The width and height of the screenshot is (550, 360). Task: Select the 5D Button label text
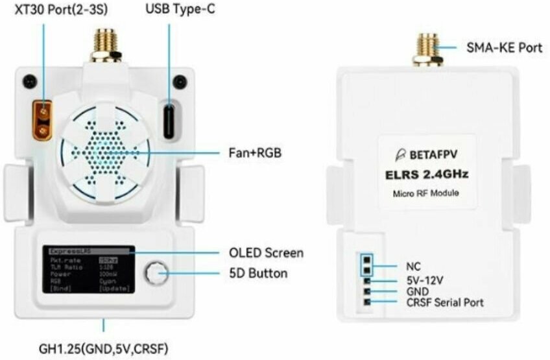point(258,273)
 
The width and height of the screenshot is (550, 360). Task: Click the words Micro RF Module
point(427,194)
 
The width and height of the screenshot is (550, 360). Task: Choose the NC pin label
point(413,266)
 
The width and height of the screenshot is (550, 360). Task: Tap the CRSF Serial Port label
point(444,302)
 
